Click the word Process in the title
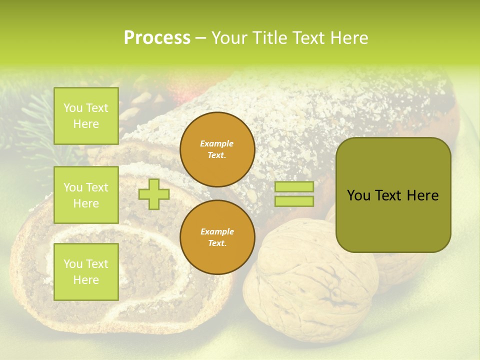pos(157,38)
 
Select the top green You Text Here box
pos(86,116)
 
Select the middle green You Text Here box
pos(86,195)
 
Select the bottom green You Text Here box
pos(86,272)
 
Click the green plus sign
pos(153,194)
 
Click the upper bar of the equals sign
pos(294,186)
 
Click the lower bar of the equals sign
pos(294,201)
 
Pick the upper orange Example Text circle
pos(217,149)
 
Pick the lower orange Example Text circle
pos(217,237)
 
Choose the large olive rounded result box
pos(393,195)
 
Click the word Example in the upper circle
pos(217,143)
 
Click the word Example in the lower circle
pos(217,231)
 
